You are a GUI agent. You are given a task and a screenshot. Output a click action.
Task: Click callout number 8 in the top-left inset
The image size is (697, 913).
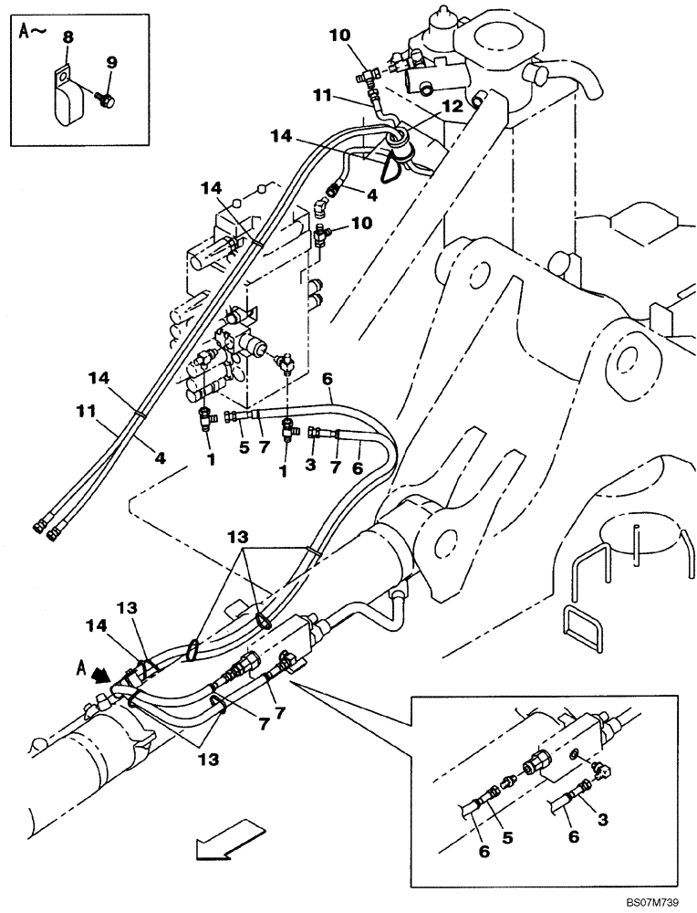(x=68, y=37)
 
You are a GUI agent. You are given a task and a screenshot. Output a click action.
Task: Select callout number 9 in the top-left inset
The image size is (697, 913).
(x=111, y=62)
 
